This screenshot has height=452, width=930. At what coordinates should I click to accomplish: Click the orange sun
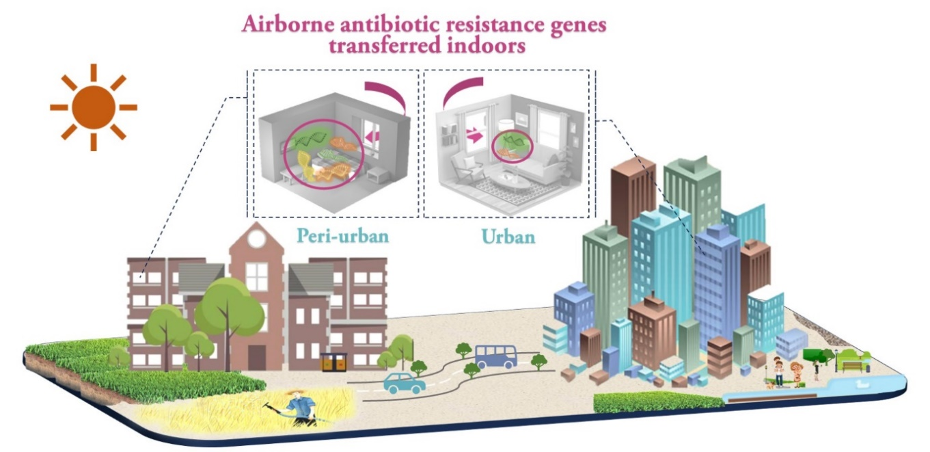click(93, 107)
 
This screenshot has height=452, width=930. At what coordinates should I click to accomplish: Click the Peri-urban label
click(342, 237)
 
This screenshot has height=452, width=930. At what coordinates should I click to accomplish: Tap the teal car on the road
click(404, 383)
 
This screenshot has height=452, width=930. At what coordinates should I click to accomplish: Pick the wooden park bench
click(851, 367)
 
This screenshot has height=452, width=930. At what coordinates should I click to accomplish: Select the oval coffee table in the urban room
click(513, 178)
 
